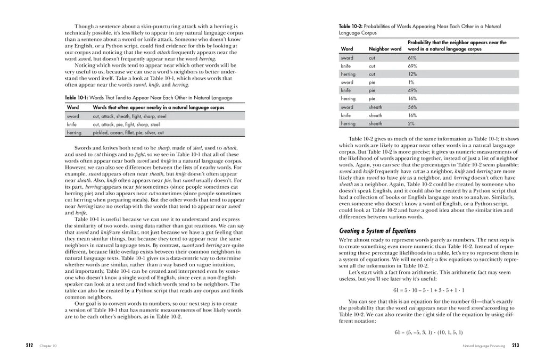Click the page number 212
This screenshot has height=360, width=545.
(30, 345)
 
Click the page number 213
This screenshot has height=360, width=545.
(516, 345)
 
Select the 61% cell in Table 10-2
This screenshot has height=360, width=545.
(412, 58)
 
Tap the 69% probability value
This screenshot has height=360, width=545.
(412, 66)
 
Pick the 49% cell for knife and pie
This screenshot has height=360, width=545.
(412, 90)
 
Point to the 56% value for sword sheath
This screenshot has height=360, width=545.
(412, 107)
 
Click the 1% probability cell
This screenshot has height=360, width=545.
(411, 82)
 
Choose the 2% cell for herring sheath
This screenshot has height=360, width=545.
(411, 123)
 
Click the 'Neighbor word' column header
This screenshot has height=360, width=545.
(385, 49)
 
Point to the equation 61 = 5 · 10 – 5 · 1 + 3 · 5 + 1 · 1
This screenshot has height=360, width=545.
(429, 290)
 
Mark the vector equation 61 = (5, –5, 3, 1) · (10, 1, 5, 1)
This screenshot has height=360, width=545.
(429, 332)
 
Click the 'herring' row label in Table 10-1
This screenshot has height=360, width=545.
(75, 132)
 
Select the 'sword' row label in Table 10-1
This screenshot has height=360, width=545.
(73, 116)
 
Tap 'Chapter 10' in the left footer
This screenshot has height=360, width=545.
(48, 346)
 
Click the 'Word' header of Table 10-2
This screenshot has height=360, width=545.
(346, 49)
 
